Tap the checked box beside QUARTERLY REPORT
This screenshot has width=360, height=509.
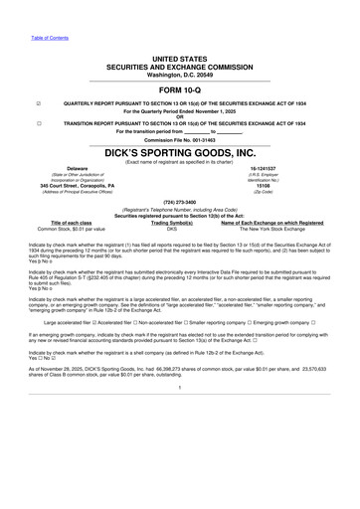click(x=37, y=102)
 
